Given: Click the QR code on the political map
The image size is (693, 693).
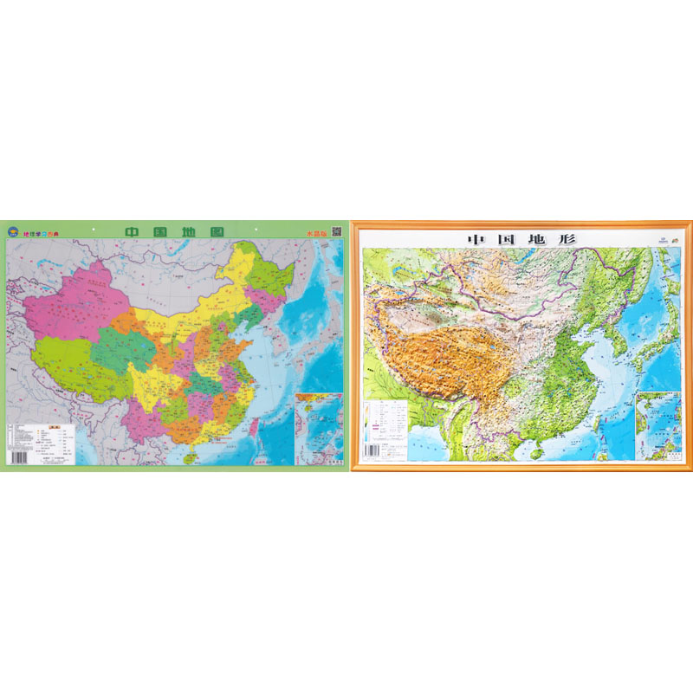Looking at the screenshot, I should click(337, 232).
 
